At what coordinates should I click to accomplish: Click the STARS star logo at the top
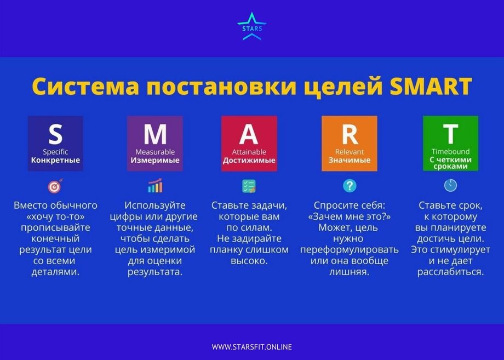(251, 26)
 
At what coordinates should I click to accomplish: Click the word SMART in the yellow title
(431, 86)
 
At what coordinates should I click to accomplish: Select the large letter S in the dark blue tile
(55, 134)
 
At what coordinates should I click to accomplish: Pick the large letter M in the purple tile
(155, 134)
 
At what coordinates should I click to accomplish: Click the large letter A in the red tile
(249, 134)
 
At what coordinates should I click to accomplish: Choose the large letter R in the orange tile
(350, 134)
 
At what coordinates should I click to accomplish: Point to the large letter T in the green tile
(450, 134)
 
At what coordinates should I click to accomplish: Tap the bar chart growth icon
(155, 186)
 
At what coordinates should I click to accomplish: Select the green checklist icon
(249, 186)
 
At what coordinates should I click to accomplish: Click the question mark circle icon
(350, 186)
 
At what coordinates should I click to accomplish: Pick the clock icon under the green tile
(450, 185)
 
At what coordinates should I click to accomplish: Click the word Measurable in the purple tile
(155, 152)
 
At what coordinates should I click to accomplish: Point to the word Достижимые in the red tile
(249, 160)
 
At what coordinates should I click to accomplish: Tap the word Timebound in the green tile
(450, 151)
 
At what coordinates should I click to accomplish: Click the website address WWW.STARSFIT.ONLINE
(251, 347)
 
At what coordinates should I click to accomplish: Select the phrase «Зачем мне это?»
(350, 216)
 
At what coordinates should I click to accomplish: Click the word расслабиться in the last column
(450, 272)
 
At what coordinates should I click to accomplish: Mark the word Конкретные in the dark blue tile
(55, 160)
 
